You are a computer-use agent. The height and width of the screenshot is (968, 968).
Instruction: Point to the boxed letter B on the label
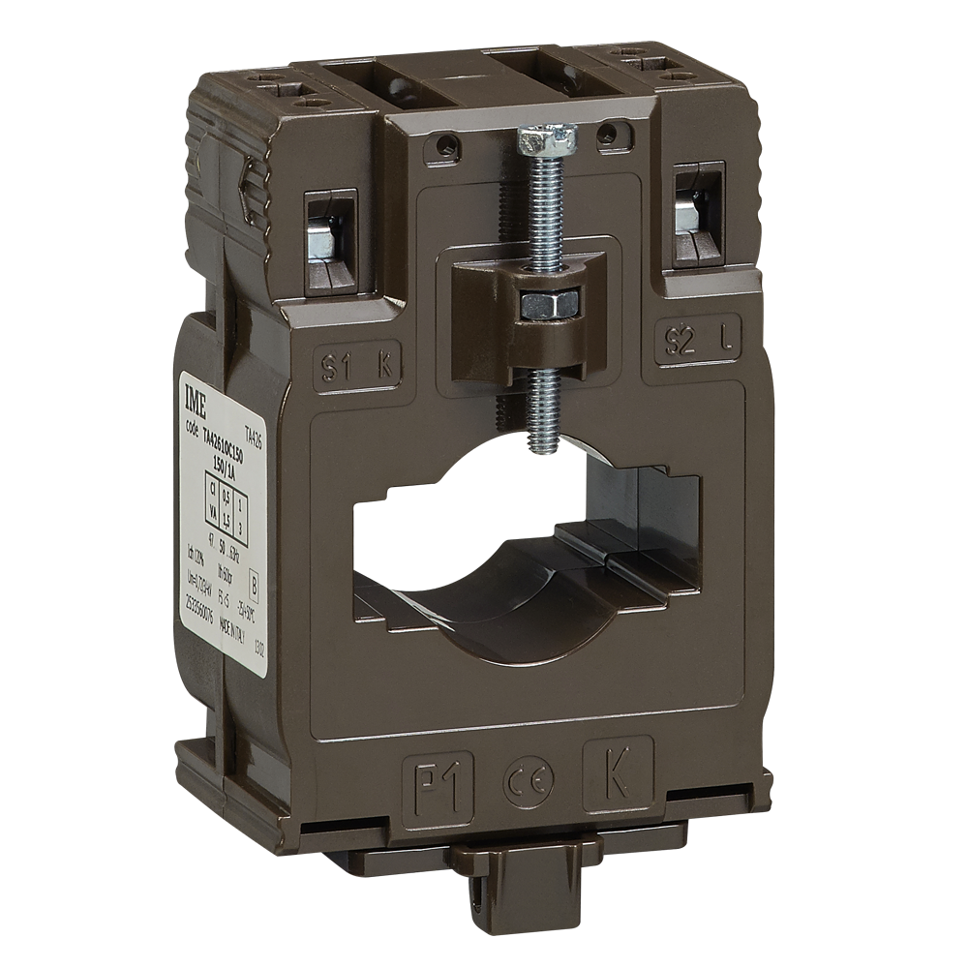(254, 585)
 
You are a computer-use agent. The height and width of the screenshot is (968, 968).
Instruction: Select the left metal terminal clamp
(323, 238)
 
